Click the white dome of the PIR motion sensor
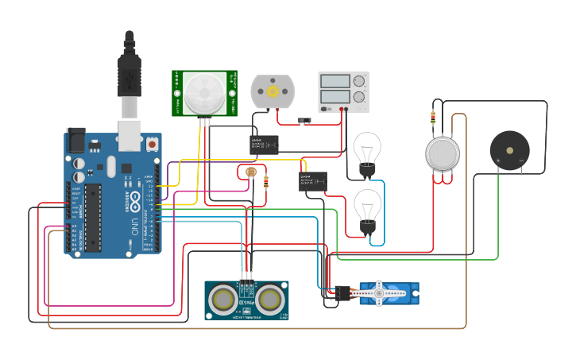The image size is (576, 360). tap(204, 93)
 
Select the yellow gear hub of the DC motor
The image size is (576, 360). tap(273, 91)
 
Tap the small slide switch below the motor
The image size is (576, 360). tap(302, 122)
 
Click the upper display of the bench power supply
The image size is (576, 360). tap(334, 81)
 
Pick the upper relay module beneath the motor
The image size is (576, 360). tap(264, 143)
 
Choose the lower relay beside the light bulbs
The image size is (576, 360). tap(312, 181)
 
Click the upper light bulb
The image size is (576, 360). tap(367, 149)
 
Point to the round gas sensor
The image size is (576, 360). tap(443, 153)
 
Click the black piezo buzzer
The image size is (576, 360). tap(509, 149)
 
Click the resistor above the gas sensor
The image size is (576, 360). tap(432, 118)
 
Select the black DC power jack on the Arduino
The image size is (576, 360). tap(75, 141)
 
